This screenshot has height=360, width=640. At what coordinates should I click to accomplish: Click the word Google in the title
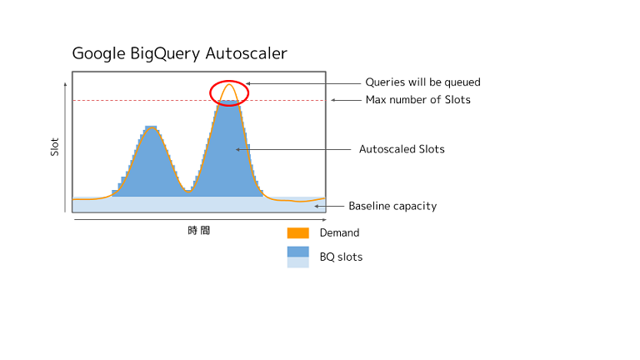pos(99,54)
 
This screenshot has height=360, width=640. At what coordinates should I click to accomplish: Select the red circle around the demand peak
pos(229,92)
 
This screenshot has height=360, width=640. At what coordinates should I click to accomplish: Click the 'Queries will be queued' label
pos(422,82)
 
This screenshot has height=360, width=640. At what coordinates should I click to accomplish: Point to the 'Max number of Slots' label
pos(417,100)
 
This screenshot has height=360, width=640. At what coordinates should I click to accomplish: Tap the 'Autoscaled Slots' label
pos(402,149)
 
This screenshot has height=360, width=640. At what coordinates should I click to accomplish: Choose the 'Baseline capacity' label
pos(392,206)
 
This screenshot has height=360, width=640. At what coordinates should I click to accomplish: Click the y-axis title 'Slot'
pos(55,147)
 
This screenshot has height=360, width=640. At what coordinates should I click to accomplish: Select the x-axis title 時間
pos(198,230)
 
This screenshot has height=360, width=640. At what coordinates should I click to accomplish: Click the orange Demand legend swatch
pos(297,233)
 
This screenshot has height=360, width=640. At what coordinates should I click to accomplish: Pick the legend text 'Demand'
pos(339,233)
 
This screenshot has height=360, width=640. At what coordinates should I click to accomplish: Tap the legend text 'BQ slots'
pos(341,257)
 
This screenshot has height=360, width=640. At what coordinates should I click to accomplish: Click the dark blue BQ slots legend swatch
pos(297,252)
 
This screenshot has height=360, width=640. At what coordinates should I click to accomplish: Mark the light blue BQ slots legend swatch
pos(297,262)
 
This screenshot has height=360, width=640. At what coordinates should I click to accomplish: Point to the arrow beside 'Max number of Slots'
pos(345,100)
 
